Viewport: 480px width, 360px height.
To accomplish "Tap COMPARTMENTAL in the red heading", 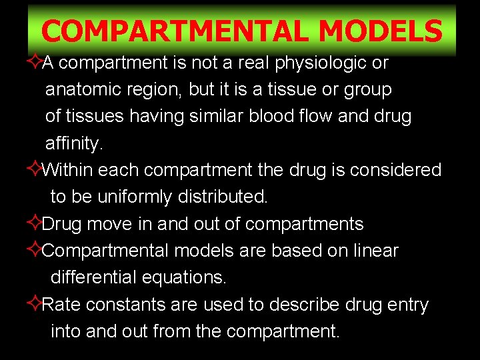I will click(175, 31).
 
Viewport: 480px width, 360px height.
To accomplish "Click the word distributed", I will click(223, 197).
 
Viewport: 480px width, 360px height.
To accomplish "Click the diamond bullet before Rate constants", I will click(35, 305).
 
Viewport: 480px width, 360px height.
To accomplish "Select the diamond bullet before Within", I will click(35, 170).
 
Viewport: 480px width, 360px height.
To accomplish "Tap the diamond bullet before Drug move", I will click(35, 224).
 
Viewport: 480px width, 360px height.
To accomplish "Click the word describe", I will click(304, 305).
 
